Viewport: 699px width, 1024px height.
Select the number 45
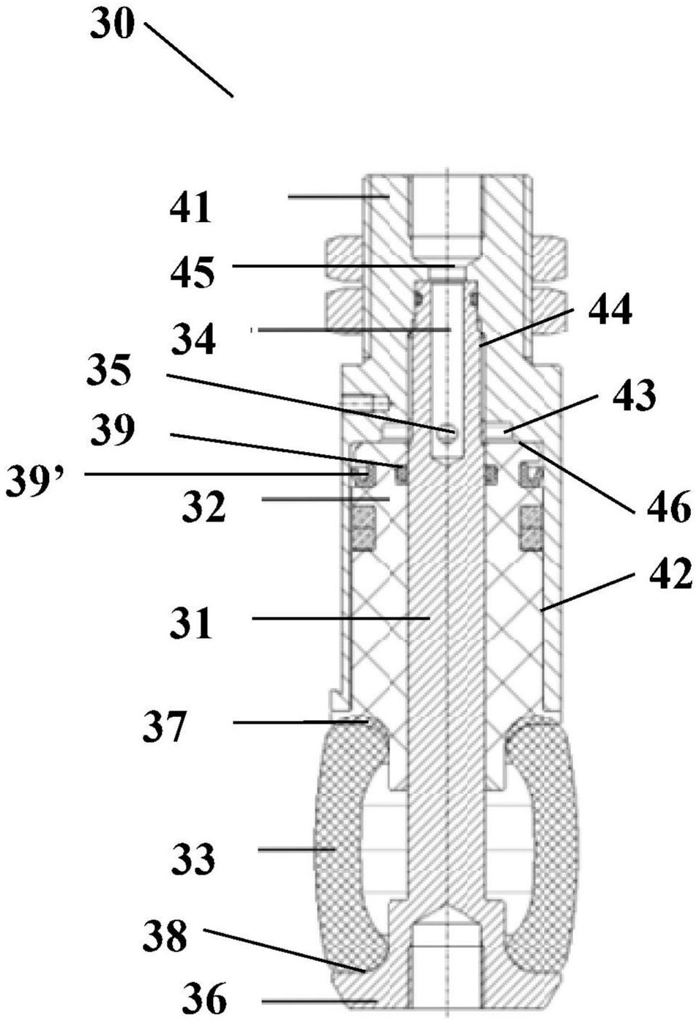192,271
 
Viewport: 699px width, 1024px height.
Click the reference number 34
193,338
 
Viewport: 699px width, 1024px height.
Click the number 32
203,508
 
